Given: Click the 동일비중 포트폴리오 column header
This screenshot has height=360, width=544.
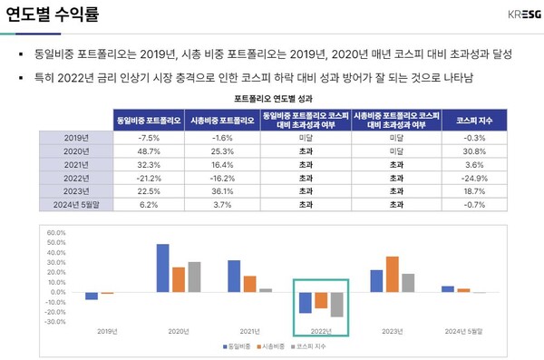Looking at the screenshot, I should (150, 119).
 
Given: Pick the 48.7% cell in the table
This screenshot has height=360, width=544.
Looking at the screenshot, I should (150, 151).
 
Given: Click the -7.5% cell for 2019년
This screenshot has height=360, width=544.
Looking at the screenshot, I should (150, 137).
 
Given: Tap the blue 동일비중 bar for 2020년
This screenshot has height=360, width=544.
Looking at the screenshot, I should (163, 268).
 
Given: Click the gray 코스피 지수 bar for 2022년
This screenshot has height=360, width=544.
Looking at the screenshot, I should (336, 304).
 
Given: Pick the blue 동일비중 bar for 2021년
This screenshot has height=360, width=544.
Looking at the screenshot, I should (234, 276).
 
